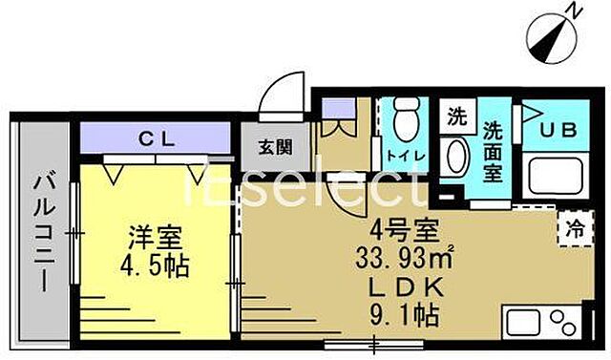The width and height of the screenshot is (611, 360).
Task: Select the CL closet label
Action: [x=157, y=138]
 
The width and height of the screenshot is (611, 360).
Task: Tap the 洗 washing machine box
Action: [x=457, y=117]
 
